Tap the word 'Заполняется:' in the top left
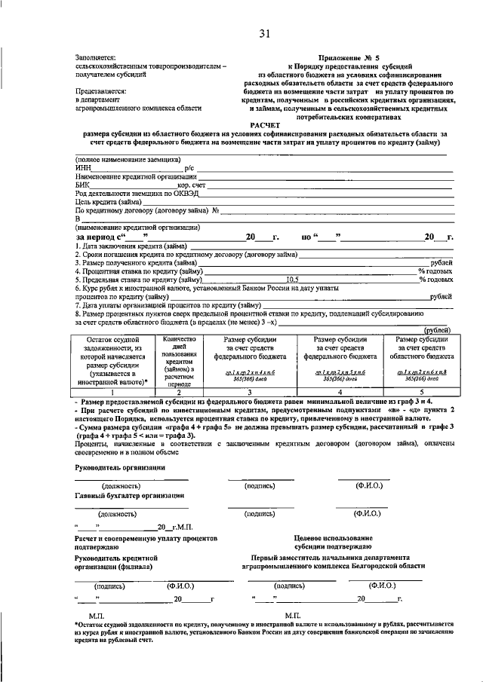pyautogui.click(x=95, y=57)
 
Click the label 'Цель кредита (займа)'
pyautogui.click(x=108, y=201)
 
